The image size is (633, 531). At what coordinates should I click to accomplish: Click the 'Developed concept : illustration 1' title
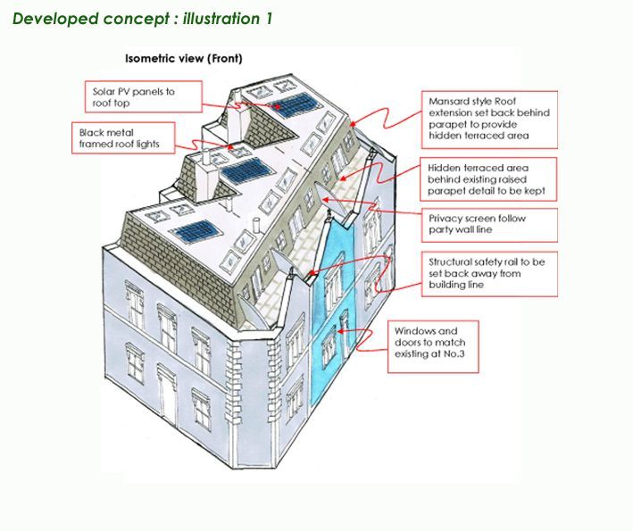[143, 19]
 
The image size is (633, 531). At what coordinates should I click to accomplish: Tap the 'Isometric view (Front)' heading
[184, 59]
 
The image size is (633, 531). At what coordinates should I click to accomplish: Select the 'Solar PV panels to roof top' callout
[144, 97]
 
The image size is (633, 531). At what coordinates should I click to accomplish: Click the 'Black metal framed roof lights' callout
[123, 138]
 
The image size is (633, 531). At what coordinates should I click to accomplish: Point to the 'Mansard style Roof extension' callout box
[489, 120]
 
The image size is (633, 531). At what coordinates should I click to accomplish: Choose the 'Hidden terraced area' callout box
[488, 179]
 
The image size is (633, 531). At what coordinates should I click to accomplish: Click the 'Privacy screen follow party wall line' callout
[489, 225]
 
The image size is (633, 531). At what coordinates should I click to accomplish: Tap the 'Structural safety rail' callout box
[489, 274]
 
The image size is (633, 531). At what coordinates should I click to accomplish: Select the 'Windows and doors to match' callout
[433, 346]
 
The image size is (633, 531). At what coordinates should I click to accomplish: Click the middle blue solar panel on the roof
[242, 170]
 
